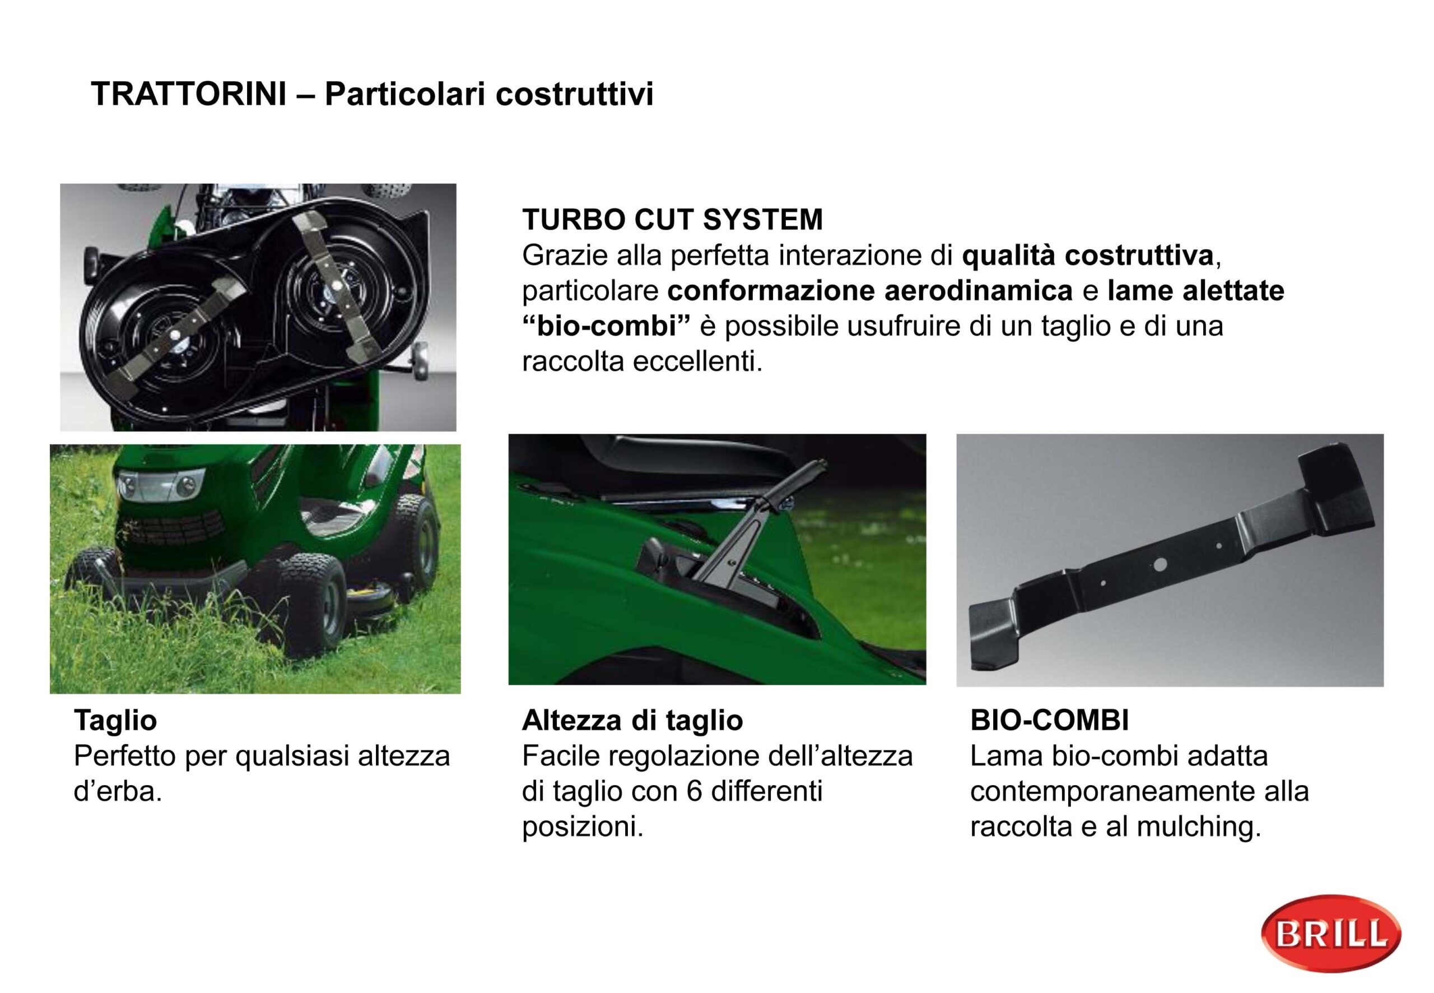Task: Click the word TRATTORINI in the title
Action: click(189, 94)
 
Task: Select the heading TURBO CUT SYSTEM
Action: click(672, 220)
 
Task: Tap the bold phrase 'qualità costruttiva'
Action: click(1088, 255)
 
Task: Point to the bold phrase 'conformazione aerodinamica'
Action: click(870, 290)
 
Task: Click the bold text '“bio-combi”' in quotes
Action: click(607, 326)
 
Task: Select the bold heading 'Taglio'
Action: click(115, 721)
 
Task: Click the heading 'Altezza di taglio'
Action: click(632, 721)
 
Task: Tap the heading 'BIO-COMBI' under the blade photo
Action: click(1050, 721)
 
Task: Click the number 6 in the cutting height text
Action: click(695, 791)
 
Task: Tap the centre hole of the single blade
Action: click(1158, 564)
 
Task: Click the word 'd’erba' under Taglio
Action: click(118, 791)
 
